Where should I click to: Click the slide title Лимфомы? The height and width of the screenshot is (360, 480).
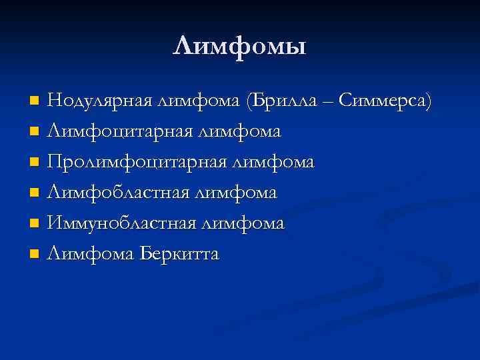pos(239,46)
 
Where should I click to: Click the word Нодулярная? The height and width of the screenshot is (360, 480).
pos(101,101)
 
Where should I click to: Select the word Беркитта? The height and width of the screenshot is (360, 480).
pos(180,254)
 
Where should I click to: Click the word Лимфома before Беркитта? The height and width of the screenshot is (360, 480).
pos(91,254)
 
